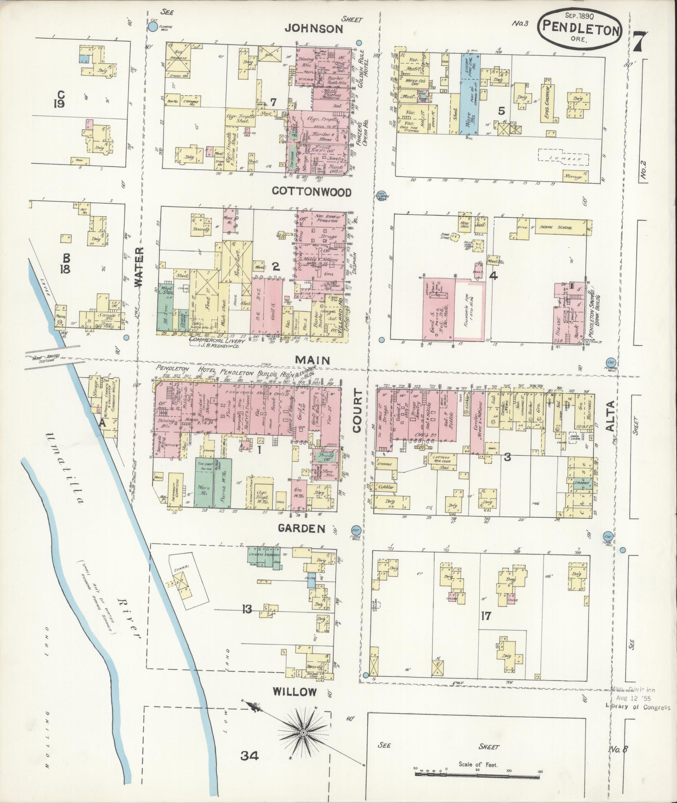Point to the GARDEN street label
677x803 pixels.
pyautogui.click(x=302, y=528)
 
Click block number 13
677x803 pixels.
pyautogui.click(x=246, y=609)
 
